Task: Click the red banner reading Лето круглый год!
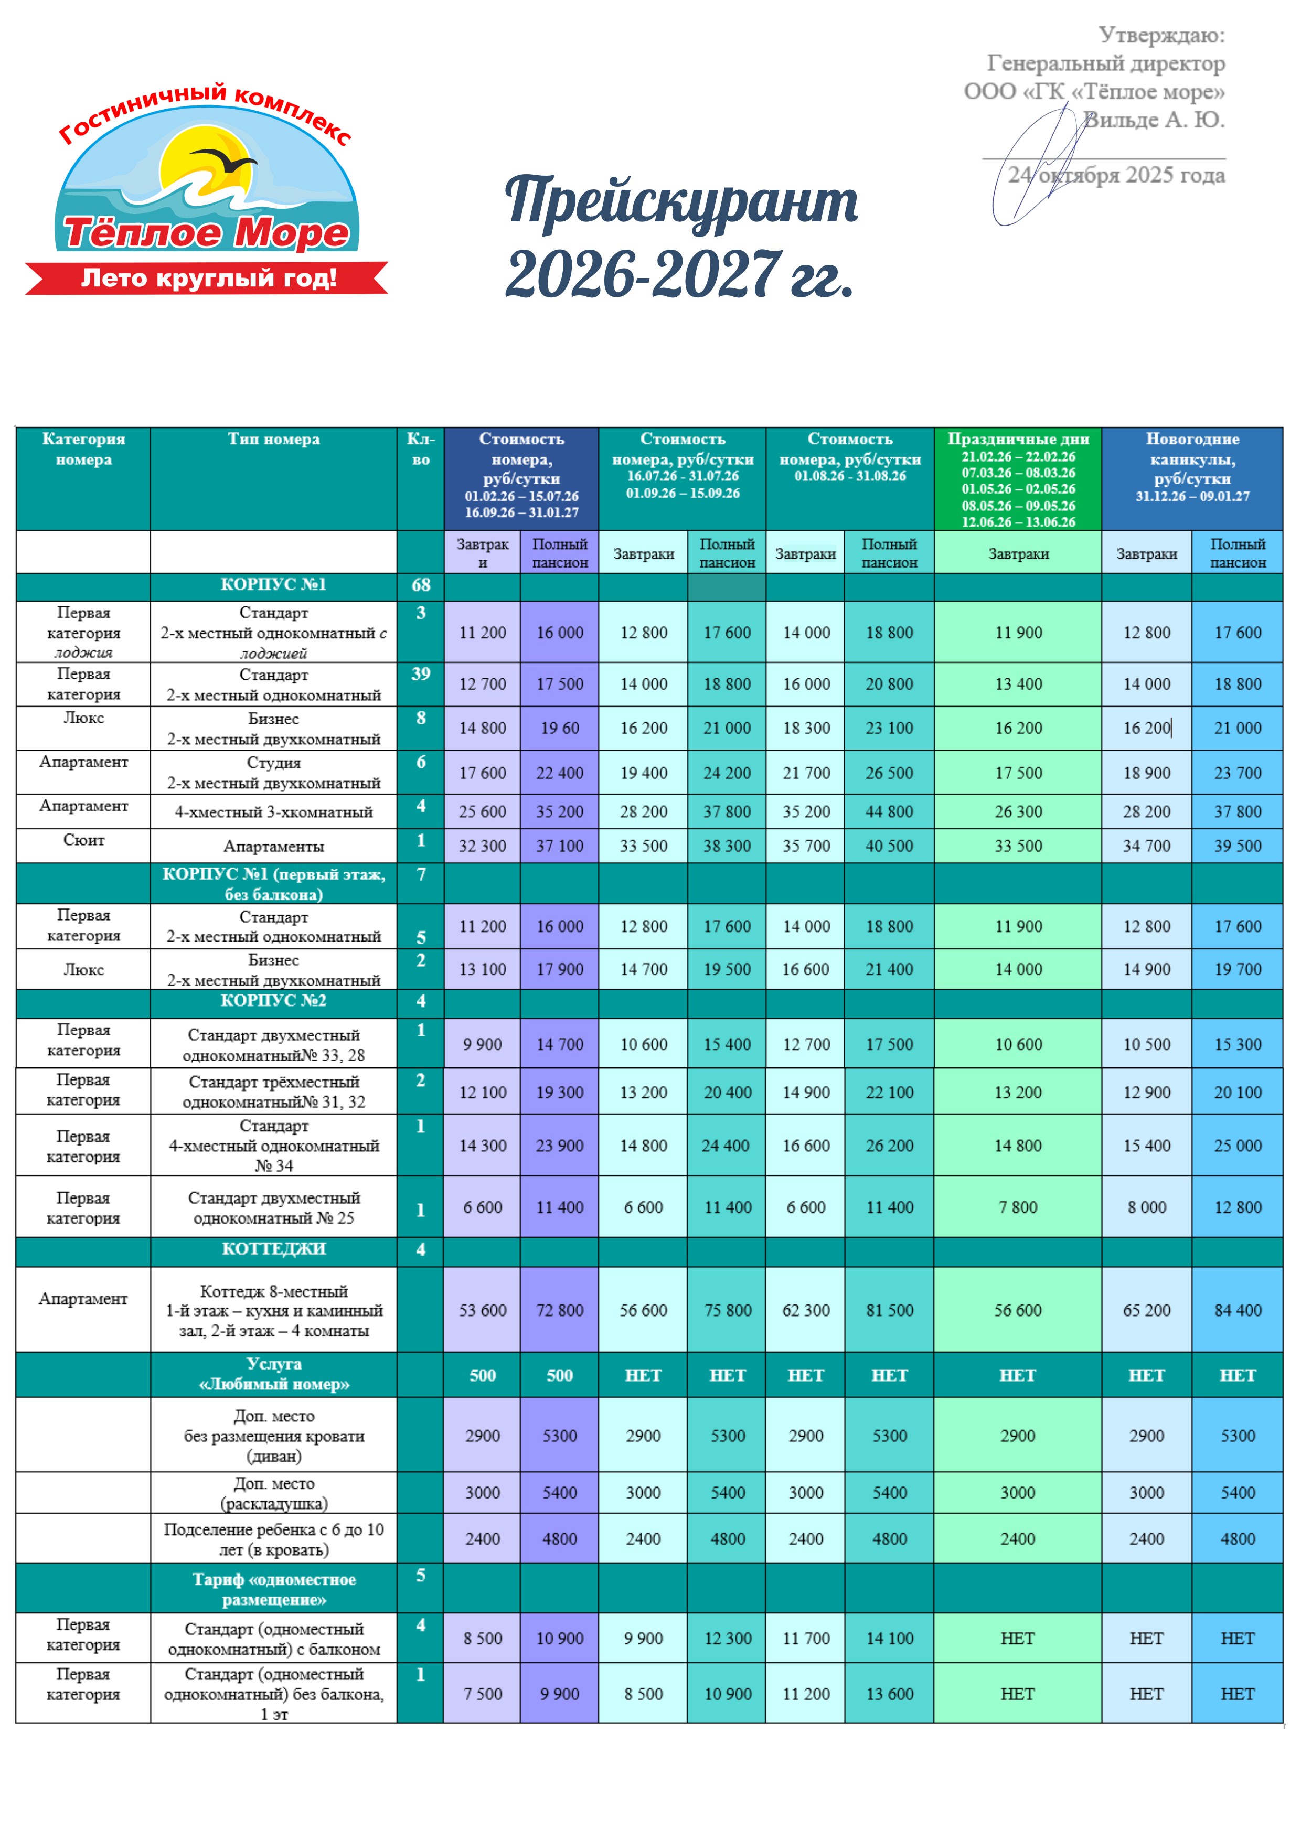coord(208,278)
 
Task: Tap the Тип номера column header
coord(273,439)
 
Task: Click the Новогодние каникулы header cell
coord(1191,467)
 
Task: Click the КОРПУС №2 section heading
coord(273,1001)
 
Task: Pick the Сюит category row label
coord(83,840)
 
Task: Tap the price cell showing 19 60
coord(560,728)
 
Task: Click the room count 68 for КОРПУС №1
coord(421,585)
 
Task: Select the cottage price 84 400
coord(1237,1310)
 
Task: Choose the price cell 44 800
coord(889,812)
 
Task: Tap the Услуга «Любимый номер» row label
coord(273,1374)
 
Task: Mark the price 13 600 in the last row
coord(889,1694)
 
